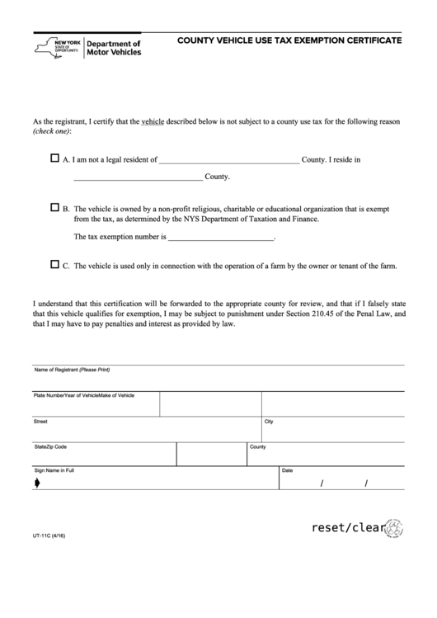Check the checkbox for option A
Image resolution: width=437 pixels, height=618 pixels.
click(55, 158)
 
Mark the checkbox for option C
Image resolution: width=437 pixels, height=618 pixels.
click(55, 265)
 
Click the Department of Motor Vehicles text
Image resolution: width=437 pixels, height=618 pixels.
click(114, 48)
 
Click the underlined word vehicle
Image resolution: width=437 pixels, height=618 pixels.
click(153, 121)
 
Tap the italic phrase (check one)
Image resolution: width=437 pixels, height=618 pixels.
click(52, 132)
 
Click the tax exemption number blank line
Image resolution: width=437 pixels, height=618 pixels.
click(220, 238)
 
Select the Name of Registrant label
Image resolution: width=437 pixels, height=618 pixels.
click(72, 370)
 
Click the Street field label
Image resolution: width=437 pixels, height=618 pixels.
click(40, 421)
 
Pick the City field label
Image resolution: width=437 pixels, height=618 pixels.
click(269, 421)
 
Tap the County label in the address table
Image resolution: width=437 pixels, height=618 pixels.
click(257, 446)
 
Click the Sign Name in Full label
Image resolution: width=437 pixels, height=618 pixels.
click(54, 470)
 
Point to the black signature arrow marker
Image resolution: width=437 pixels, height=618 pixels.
click(37, 484)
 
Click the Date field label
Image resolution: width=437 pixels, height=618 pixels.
click(288, 470)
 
